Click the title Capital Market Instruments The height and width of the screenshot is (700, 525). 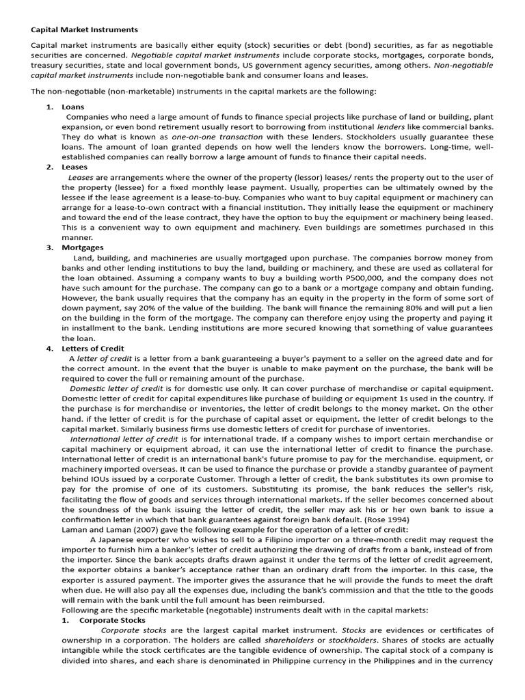(84, 30)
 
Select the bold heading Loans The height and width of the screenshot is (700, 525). (73, 107)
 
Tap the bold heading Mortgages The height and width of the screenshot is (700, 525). (83, 247)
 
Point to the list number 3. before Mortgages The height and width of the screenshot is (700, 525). (49, 247)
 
